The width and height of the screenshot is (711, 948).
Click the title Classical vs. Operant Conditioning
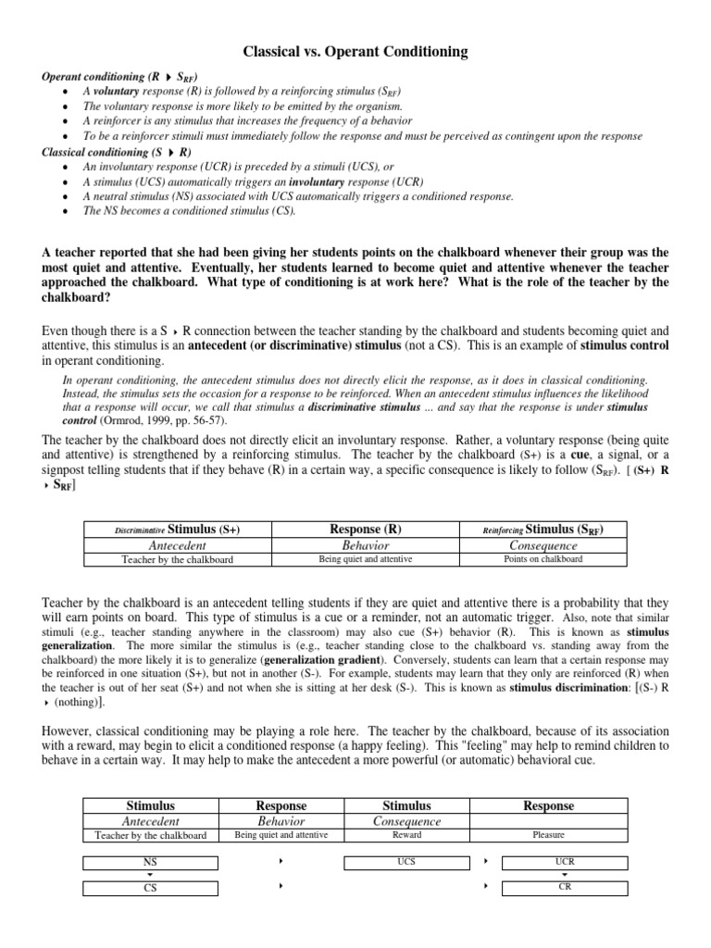pos(355,53)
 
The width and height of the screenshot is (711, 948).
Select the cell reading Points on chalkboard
pos(543,559)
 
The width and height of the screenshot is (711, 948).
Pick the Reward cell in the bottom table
pos(407,834)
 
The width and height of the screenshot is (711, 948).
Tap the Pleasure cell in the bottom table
pos(549,834)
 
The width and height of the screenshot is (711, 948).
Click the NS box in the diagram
pos(151,862)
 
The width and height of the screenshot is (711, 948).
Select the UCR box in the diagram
pos(564,862)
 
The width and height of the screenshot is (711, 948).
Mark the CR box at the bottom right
pos(564,887)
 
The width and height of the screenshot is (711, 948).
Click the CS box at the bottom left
pos(151,887)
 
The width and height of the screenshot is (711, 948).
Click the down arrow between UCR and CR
pos(565,875)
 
